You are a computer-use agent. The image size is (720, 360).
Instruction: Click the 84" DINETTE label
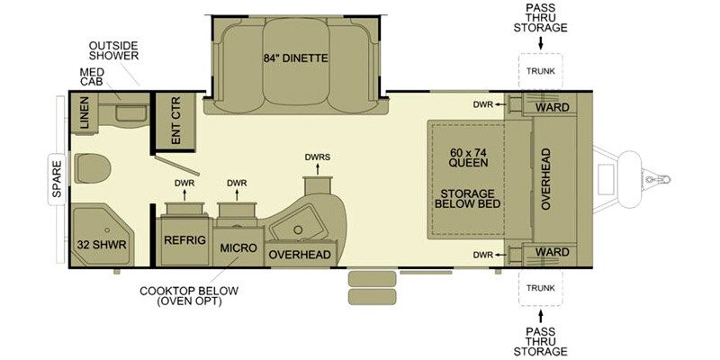tap(296, 58)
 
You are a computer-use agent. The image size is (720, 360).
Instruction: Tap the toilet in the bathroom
tap(93, 168)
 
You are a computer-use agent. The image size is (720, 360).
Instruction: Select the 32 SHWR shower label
tap(102, 245)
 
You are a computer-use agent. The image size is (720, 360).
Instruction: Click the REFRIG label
tap(184, 240)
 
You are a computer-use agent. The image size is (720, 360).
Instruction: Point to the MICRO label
tap(238, 248)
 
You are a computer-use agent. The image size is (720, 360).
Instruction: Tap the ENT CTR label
tap(175, 121)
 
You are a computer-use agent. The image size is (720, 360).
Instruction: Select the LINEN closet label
tap(84, 112)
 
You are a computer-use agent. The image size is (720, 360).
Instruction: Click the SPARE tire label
tap(57, 178)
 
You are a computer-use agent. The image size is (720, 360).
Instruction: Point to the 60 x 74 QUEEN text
tap(467, 156)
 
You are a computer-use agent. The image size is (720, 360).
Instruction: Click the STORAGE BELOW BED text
tap(467, 198)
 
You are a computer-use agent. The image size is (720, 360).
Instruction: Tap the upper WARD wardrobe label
tap(553, 107)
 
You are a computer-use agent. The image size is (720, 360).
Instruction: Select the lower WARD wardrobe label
tap(553, 252)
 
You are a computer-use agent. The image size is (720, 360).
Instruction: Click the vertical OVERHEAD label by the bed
tap(545, 179)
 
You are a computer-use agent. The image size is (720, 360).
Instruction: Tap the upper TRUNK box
tap(541, 71)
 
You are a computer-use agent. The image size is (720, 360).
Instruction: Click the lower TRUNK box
tap(541, 288)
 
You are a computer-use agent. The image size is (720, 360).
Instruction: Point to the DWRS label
tap(318, 157)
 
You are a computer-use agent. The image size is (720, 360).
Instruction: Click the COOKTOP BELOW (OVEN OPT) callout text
tap(189, 296)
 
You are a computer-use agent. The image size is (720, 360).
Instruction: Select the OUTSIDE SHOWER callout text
tap(113, 51)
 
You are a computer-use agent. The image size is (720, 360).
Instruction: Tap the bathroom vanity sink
tap(130, 112)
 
